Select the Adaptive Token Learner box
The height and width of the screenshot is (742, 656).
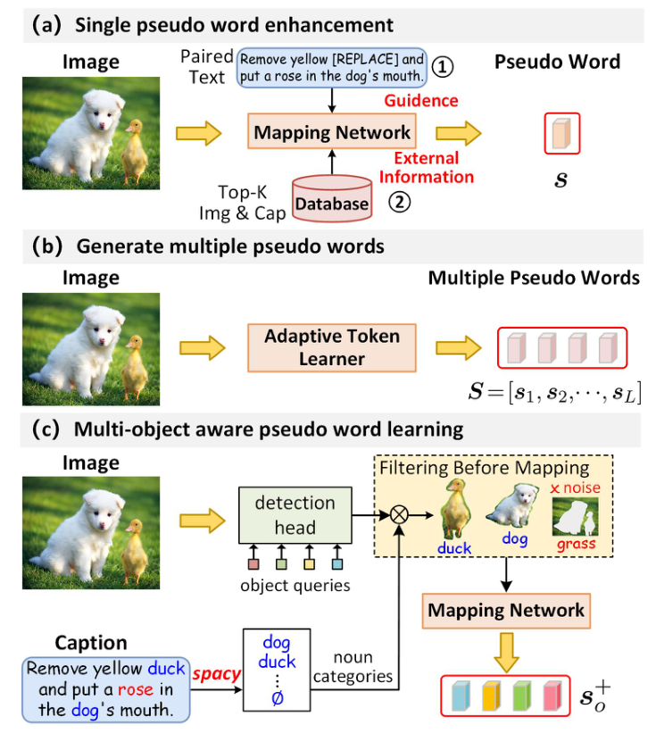tap(332, 347)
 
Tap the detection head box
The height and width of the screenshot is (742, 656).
tap(294, 514)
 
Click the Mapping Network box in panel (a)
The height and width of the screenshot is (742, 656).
tap(332, 133)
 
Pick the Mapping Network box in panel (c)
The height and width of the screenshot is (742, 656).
tap(506, 611)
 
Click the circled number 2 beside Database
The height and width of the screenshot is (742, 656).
tap(398, 202)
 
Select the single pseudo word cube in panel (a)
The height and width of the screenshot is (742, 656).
tap(562, 134)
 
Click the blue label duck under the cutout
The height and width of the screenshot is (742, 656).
tap(455, 548)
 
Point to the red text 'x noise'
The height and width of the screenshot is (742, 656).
tap(576, 488)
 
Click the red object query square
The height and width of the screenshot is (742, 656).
tap(253, 563)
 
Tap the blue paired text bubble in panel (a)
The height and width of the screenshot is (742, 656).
tap(327, 68)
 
